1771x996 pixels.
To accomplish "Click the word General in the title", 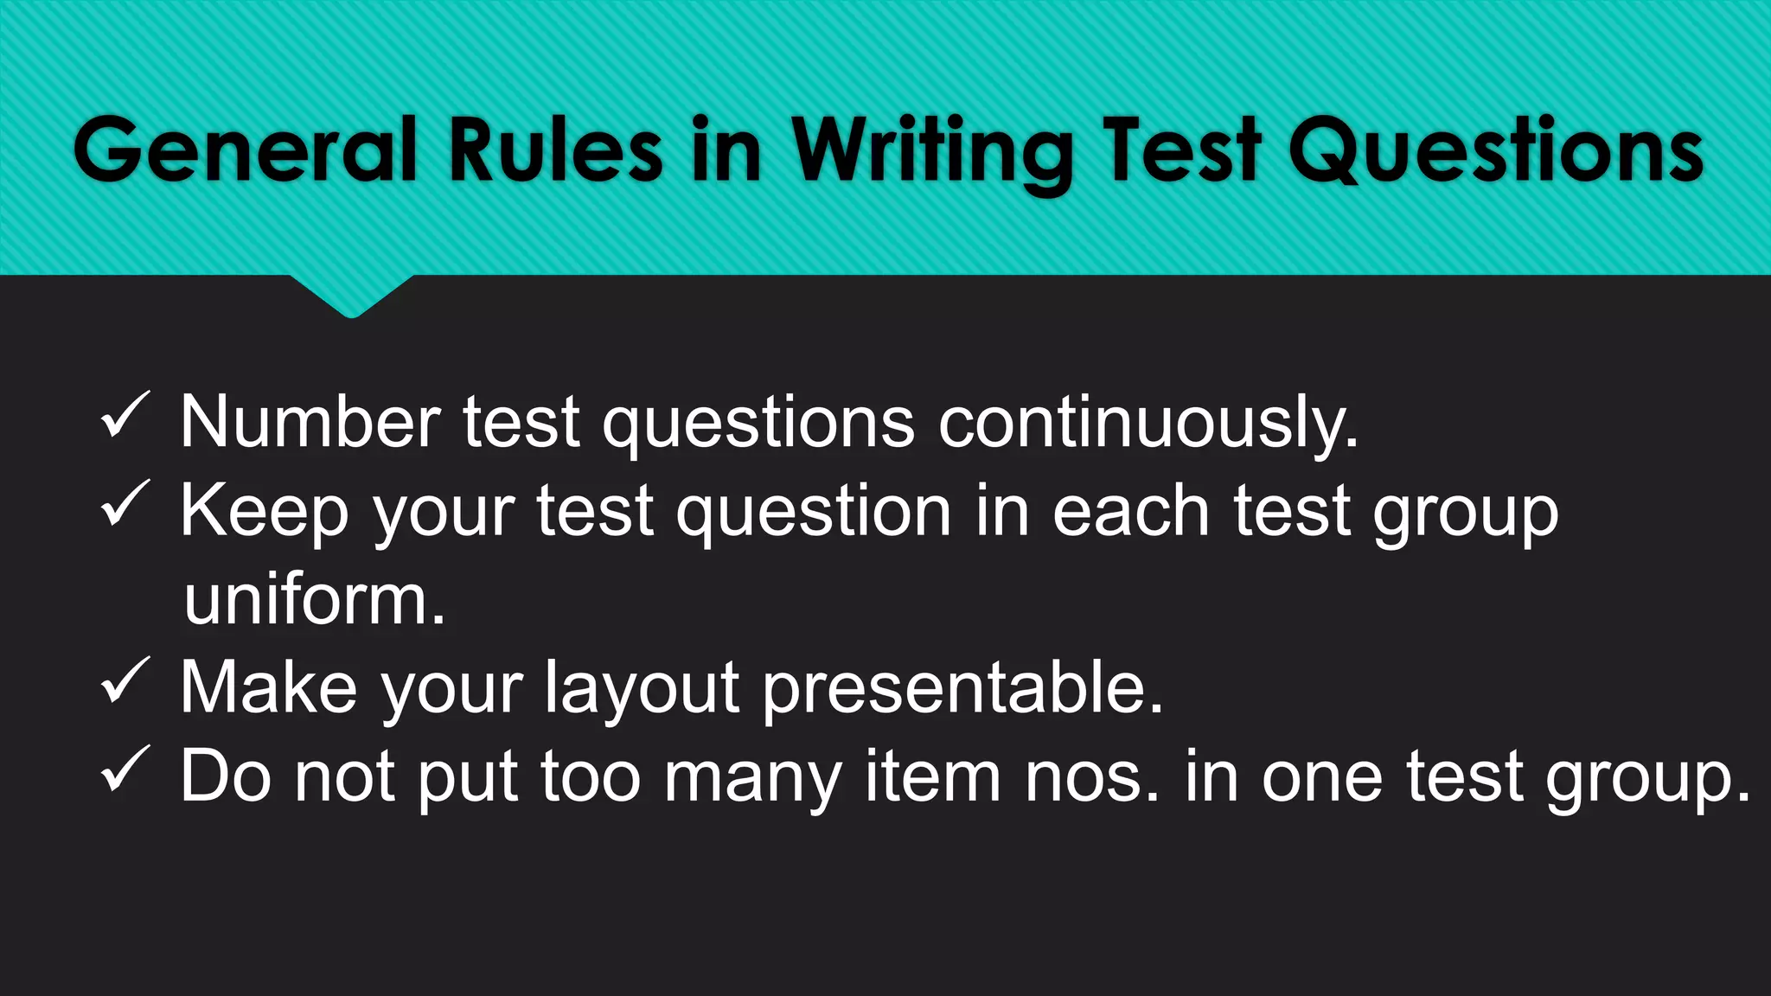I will click(x=246, y=150).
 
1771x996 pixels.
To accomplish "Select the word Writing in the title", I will click(x=932, y=152).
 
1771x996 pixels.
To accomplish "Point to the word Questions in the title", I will click(x=1495, y=150).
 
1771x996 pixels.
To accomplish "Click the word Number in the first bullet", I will click(x=310, y=422).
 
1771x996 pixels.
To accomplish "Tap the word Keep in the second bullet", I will click(x=265, y=512).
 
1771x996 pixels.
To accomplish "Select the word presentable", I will click(x=962, y=689).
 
